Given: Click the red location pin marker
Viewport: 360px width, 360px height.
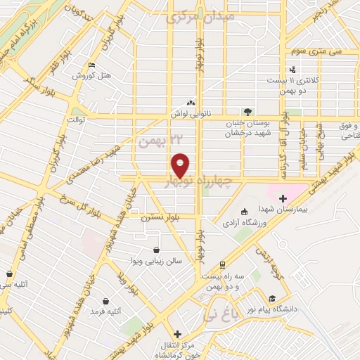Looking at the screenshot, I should (x=181, y=165).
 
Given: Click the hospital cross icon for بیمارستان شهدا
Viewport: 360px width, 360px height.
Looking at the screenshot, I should (x=283, y=198).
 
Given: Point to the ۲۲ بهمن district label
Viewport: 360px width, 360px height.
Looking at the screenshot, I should (x=155, y=140).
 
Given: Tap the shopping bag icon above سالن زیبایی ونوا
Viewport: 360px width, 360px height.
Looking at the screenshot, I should (x=156, y=250).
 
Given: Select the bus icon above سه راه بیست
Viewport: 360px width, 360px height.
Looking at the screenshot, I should (x=223, y=264).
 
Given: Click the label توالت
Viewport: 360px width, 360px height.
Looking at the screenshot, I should (x=75, y=120).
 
